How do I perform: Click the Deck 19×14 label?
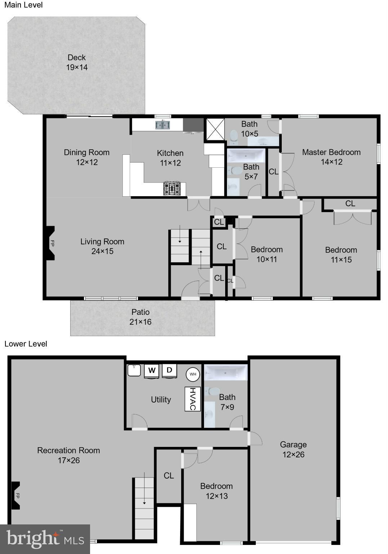[x=77, y=62]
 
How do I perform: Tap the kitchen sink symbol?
[x=163, y=125]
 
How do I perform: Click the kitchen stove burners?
[x=172, y=189]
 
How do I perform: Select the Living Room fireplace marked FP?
[x=50, y=243]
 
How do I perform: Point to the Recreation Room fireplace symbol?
[x=15, y=496]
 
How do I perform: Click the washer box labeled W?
[x=152, y=370]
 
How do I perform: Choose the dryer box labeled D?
[x=169, y=370]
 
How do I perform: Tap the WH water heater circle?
[x=193, y=374]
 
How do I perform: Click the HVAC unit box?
[x=192, y=399]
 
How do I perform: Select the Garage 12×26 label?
[x=293, y=449]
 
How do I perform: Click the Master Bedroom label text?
[x=331, y=152]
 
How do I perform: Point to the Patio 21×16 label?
[x=141, y=317]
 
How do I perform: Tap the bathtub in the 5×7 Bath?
[x=246, y=156]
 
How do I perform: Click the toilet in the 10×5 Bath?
[x=234, y=136]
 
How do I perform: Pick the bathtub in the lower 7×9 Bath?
[x=226, y=372]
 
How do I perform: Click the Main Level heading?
[x=23, y=5]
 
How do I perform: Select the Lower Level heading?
[x=26, y=344]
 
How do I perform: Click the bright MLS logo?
[x=45, y=539]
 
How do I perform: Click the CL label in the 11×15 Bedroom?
[x=350, y=203]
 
